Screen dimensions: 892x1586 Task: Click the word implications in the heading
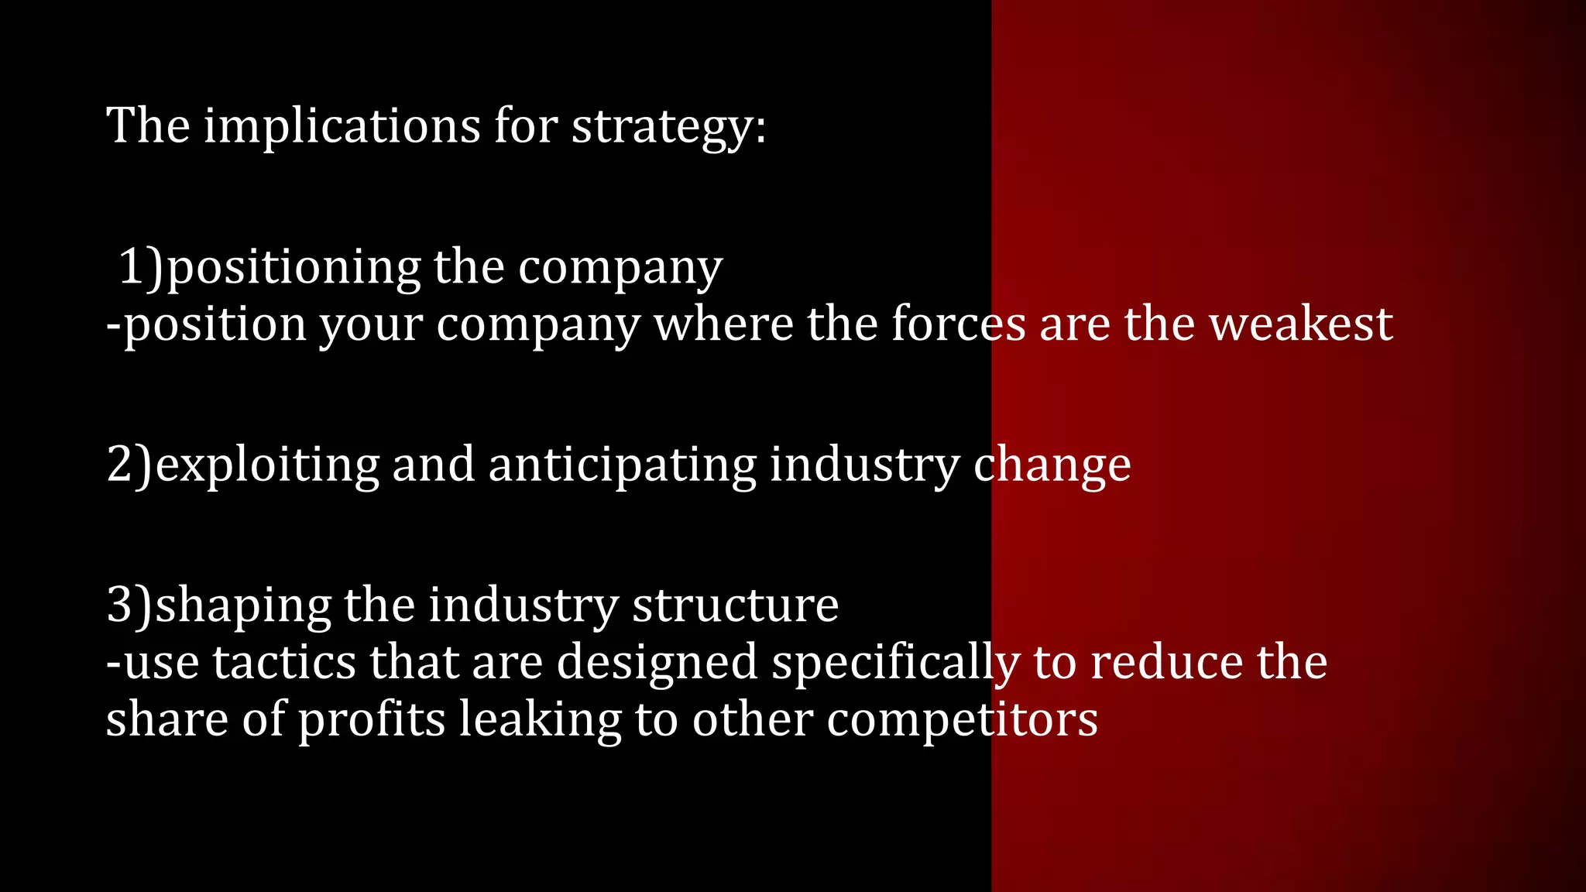(x=342, y=125)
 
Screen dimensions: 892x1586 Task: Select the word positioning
(x=294, y=269)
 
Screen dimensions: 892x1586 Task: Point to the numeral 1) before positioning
(x=142, y=267)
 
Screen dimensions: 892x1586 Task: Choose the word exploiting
(x=267, y=466)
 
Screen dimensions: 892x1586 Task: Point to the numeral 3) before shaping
(x=129, y=605)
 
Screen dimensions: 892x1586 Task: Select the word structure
(x=735, y=605)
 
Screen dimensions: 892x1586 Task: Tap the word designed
(x=657, y=664)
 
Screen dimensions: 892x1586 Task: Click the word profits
(x=372, y=721)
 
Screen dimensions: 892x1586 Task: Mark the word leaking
(x=540, y=721)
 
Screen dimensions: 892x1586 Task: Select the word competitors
(x=962, y=721)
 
